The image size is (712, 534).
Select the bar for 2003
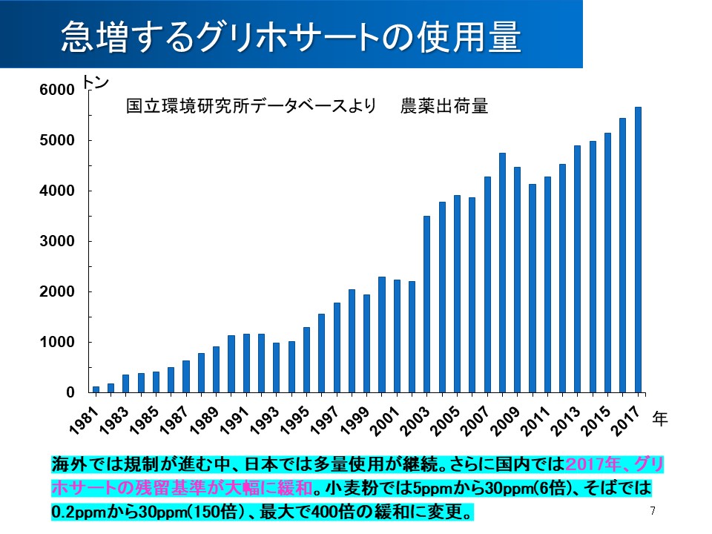tap(426, 304)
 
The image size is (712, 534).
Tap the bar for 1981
tap(96, 389)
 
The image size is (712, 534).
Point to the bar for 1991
tap(246, 363)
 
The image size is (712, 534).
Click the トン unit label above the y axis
tap(96, 82)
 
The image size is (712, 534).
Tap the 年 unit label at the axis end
tap(660, 419)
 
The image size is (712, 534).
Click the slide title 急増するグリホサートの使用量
tap(290, 36)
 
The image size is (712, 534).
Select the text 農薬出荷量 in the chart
tap(444, 107)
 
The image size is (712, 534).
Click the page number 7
tap(653, 511)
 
